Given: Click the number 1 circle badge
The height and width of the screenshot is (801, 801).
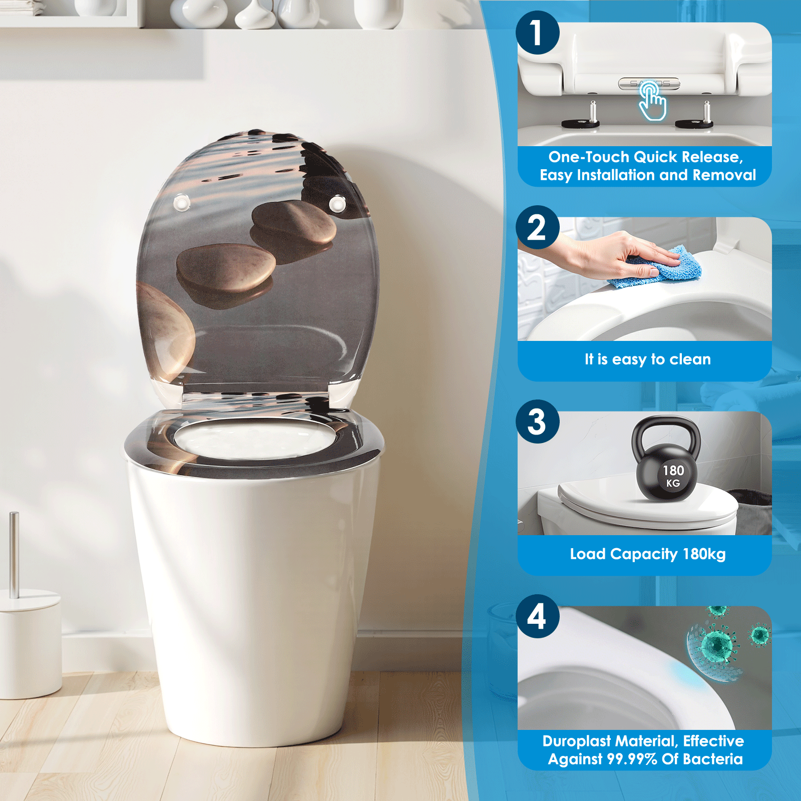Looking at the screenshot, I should coord(537,33).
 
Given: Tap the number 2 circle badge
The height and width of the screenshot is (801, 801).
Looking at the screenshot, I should coord(537,227).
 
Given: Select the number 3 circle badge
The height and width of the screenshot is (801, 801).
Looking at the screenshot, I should coord(537,422).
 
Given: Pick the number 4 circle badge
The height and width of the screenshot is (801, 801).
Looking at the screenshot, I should coord(537,616).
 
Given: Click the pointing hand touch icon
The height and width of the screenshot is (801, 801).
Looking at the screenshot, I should coord(652,102).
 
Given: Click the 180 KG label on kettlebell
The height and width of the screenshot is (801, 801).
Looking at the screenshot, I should coord(673,476).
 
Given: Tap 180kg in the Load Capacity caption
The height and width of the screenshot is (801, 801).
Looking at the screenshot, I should coord(704,554).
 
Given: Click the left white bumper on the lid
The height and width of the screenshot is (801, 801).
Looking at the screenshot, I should coord(181,203).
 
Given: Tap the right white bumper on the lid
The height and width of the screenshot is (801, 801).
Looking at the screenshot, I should coord(337,204).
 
